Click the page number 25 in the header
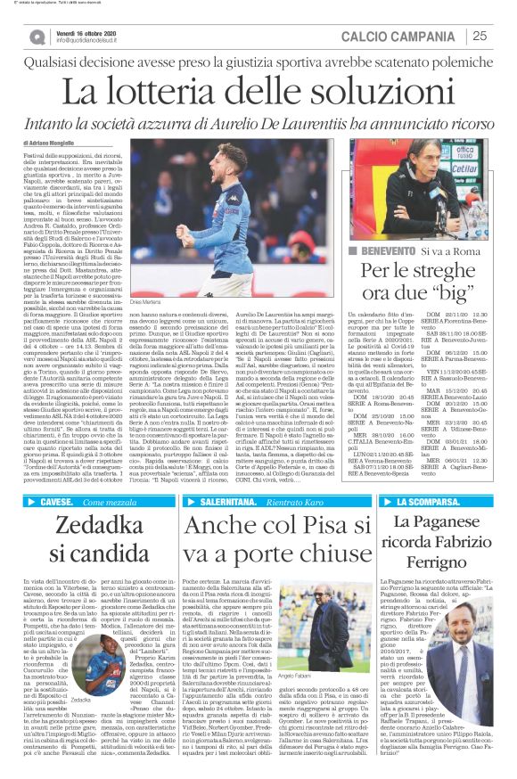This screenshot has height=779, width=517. pyautogui.click(x=480, y=36)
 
